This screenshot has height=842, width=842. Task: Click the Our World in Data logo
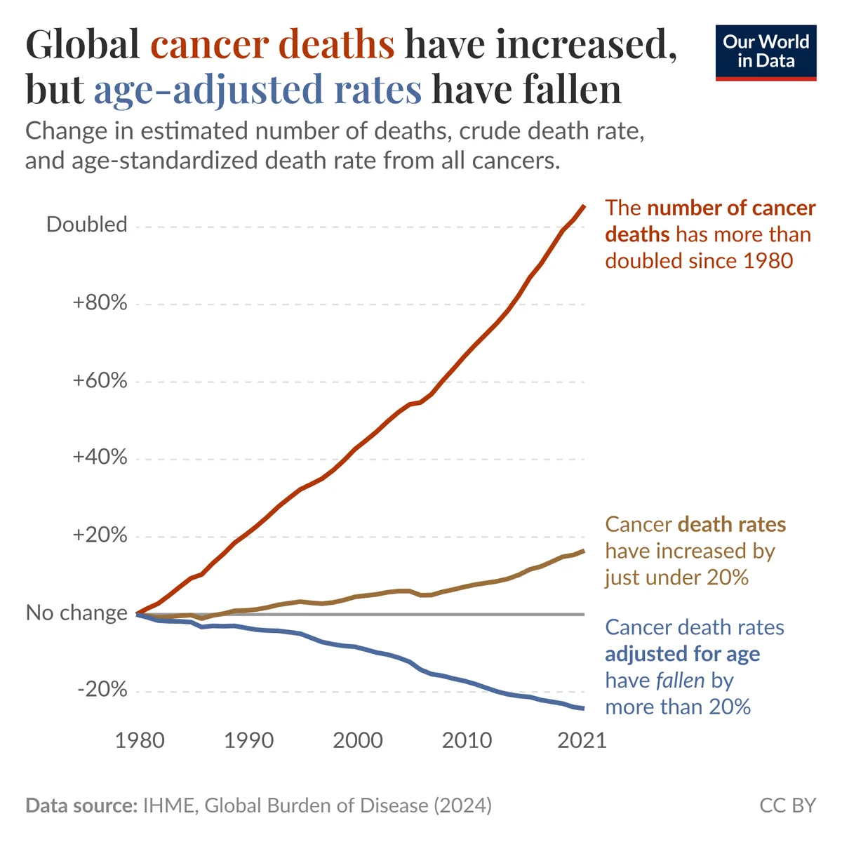pos(766,53)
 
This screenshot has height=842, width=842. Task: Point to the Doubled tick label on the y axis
pos(87,225)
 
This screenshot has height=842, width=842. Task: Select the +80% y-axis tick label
pos(100,303)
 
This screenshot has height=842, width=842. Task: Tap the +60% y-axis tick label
pos(100,381)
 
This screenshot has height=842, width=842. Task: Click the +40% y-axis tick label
pos(100,457)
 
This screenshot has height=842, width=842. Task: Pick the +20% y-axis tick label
pos(100,535)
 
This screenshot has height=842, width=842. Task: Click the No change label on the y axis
pos(77,613)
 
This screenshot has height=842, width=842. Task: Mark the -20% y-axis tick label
pos(103,690)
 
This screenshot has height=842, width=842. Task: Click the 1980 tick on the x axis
pos(140,740)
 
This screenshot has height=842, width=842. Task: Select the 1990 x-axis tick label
pos(249,740)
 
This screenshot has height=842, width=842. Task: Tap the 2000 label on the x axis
pos(358,740)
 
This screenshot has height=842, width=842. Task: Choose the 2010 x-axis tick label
pos(467,740)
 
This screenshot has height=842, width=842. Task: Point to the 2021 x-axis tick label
pos(582,740)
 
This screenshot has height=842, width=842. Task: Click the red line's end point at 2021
pos(584,206)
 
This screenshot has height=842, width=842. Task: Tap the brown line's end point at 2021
pos(583,551)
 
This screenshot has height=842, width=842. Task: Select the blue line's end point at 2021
pos(583,708)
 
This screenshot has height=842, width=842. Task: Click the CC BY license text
pos(788,805)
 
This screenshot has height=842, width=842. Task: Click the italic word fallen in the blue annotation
pos(680,681)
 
